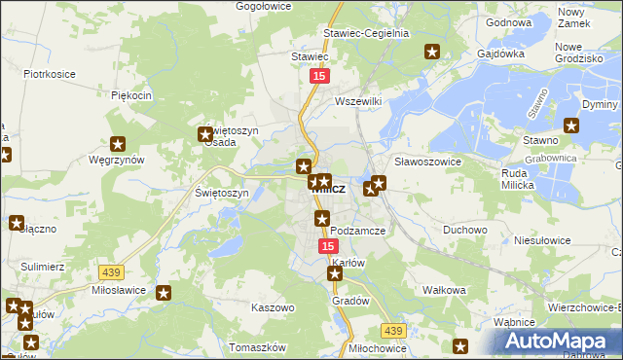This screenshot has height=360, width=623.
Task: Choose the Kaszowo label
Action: coord(273,307)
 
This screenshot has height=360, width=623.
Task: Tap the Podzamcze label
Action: coord(358,231)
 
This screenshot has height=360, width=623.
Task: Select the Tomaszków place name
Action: coord(256,347)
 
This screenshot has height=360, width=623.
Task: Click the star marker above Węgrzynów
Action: coord(120,143)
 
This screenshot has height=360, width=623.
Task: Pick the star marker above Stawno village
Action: coord(572,125)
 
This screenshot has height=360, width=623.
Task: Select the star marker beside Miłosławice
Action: coord(164,292)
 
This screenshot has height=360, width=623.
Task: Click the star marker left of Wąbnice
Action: coord(460,345)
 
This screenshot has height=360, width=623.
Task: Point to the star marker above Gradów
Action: coord(336,275)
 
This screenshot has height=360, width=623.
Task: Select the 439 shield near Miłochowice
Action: coord(392,331)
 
